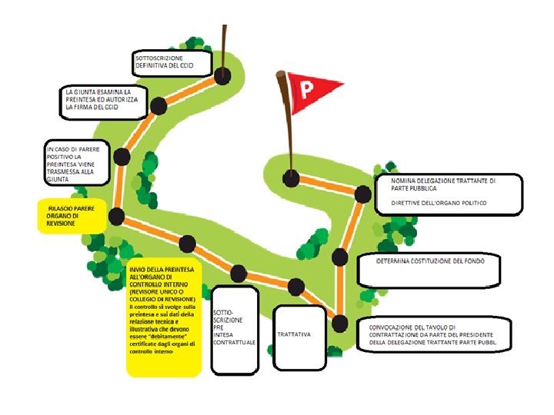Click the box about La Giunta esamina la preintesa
click(104, 101)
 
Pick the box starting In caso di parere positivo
click(76, 163)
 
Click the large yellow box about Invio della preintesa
click(164, 317)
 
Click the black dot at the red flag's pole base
click(291, 178)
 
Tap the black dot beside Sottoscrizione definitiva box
click(223, 75)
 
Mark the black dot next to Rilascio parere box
click(116, 216)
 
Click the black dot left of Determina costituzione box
click(340, 257)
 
